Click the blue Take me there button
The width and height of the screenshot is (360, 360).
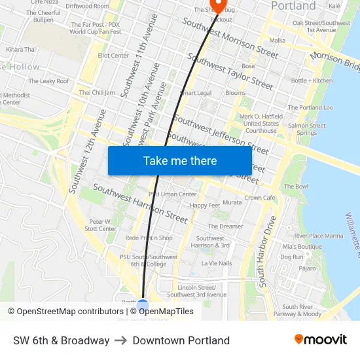(x=180, y=160)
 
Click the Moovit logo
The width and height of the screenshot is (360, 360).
(x=320, y=340)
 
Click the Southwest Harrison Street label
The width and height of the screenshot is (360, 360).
(x=140, y=202)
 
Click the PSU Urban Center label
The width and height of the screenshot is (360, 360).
(x=173, y=194)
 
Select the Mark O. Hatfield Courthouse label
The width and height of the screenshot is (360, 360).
(x=261, y=124)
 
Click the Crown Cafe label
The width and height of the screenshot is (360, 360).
(x=259, y=198)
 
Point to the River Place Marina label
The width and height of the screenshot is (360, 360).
(x=318, y=236)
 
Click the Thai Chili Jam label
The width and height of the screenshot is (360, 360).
(x=97, y=93)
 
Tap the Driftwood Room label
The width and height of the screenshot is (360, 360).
(x=88, y=6)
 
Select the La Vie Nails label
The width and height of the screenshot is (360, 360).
(x=216, y=263)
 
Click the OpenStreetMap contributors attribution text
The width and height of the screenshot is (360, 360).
(x=66, y=312)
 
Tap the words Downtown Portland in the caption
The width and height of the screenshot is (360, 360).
(x=181, y=340)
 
